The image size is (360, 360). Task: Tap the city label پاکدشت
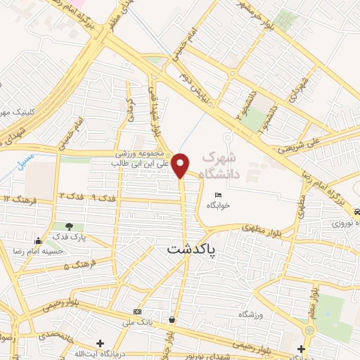pyautogui.click(x=191, y=250)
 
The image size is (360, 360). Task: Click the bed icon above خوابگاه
pyautogui.click(x=217, y=195)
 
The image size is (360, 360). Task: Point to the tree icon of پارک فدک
pyautogui.click(x=69, y=226)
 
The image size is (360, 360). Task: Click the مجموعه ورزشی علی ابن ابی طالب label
pyautogui.click(x=139, y=158)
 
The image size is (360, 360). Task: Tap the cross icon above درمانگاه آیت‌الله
pyautogui.click(x=101, y=344)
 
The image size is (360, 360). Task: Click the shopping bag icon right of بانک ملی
pyautogui.click(x=172, y=319)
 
